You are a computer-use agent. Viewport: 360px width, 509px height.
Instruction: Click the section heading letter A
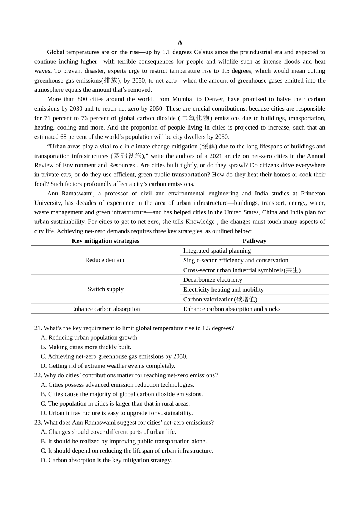pyautogui.click(x=180, y=42)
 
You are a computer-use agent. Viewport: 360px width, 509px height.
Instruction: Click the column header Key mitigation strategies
pyautogui.click(x=105, y=241)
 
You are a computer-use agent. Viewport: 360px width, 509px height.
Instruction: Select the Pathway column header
pyautogui.click(x=254, y=241)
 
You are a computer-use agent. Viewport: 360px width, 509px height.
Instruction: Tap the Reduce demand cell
pyautogui.click(x=105, y=260)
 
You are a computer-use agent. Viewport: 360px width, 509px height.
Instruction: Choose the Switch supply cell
pyautogui.click(x=105, y=289)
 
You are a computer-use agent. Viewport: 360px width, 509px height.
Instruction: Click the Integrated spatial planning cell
pyautogui.click(x=217, y=251)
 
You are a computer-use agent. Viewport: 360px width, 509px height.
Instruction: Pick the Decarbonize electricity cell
pyautogui.click(x=213, y=280)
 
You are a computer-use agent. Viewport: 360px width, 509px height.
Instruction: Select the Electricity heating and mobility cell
pyautogui.click(x=223, y=290)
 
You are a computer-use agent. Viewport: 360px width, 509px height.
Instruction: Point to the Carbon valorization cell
pyautogui.click(x=220, y=299)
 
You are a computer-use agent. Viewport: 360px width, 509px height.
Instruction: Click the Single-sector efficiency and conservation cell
pyautogui.click(x=236, y=261)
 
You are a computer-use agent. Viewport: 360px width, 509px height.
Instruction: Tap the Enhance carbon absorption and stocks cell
pyautogui.click(x=232, y=309)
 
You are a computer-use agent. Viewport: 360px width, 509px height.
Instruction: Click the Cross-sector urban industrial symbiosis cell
pyautogui.click(x=242, y=270)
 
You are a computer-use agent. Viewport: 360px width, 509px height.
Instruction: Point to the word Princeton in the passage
pyautogui.click(x=313, y=194)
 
